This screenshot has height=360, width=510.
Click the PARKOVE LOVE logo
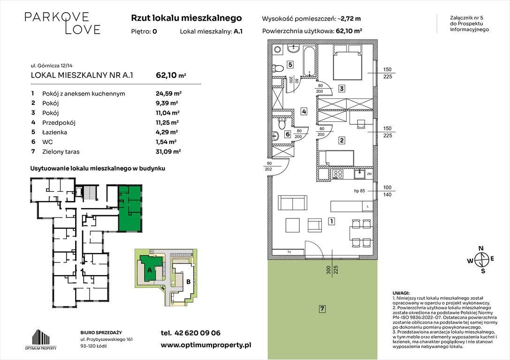click(x=62, y=23)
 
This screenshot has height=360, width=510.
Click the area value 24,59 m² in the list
click(x=167, y=93)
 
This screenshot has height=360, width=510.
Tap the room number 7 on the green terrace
click(x=322, y=309)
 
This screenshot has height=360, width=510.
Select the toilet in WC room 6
click(x=282, y=124)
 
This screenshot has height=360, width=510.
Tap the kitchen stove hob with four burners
click(x=337, y=175)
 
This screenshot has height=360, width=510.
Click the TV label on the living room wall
click(x=289, y=252)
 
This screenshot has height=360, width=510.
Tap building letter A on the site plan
click(x=150, y=270)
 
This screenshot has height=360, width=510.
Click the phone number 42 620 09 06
click(x=190, y=333)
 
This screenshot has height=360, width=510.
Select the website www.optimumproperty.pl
click(x=206, y=345)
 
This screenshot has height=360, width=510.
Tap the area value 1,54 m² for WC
click(x=166, y=142)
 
